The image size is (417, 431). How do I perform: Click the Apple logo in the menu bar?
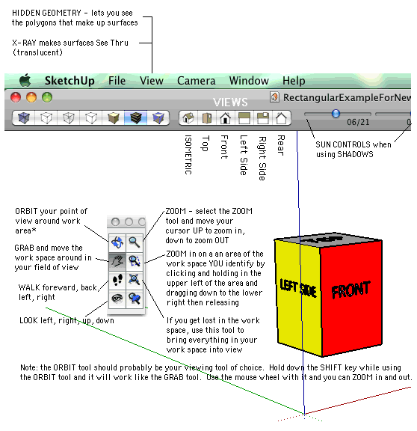(25, 80)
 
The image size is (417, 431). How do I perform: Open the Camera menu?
(197, 81)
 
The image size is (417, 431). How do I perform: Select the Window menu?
(249, 81)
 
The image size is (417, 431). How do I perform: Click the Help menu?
(294, 81)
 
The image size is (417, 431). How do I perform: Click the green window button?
(47, 97)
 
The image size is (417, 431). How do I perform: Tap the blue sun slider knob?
(336, 113)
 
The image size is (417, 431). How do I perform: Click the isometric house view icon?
(188, 118)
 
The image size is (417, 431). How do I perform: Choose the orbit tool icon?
(117, 242)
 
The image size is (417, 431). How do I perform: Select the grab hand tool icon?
(117, 261)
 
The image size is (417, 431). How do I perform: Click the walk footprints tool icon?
(117, 280)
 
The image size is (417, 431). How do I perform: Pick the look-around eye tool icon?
(117, 299)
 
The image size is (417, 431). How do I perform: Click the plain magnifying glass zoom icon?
(135, 242)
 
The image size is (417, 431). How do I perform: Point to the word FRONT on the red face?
(350, 290)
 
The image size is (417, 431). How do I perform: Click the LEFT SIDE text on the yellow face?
(298, 288)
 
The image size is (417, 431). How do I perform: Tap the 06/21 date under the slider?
(358, 122)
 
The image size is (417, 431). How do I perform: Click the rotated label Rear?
(280, 145)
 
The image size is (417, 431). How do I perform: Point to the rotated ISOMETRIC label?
(188, 154)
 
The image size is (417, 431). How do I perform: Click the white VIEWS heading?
(230, 103)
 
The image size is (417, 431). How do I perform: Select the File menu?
(117, 81)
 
